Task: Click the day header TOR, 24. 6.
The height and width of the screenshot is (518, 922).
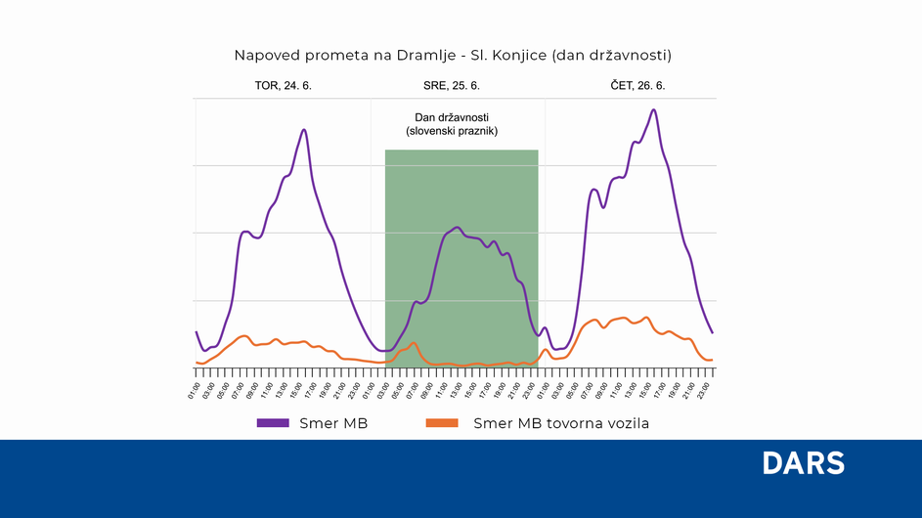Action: click(x=283, y=86)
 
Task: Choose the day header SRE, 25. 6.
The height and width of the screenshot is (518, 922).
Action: click(x=452, y=86)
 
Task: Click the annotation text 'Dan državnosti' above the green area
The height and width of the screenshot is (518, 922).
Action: click(x=452, y=117)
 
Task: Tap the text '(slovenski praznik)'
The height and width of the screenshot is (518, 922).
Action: click(x=452, y=130)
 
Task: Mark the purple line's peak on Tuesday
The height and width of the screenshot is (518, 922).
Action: click(x=304, y=130)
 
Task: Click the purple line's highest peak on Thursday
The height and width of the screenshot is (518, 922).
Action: click(x=653, y=110)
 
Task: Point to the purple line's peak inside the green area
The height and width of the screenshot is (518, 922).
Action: click(x=457, y=228)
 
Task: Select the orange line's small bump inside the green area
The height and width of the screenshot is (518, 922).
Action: click(x=414, y=343)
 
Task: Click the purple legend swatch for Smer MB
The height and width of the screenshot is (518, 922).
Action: click(x=273, y=423)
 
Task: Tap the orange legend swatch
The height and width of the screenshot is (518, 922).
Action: click(x=442, y=423)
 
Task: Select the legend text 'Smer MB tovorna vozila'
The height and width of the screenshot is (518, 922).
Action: click(x=560, y=423)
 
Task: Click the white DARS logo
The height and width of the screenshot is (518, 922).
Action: click(x=803, y=463)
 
